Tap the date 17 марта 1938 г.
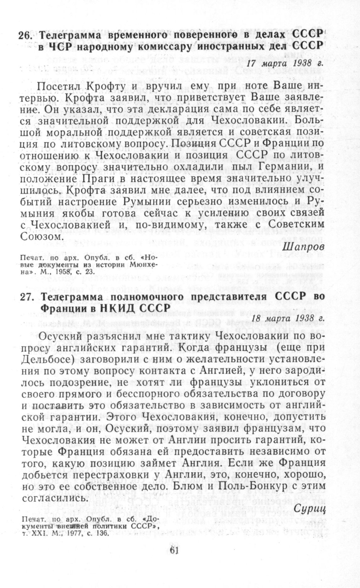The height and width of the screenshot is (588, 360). click(285, 63)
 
